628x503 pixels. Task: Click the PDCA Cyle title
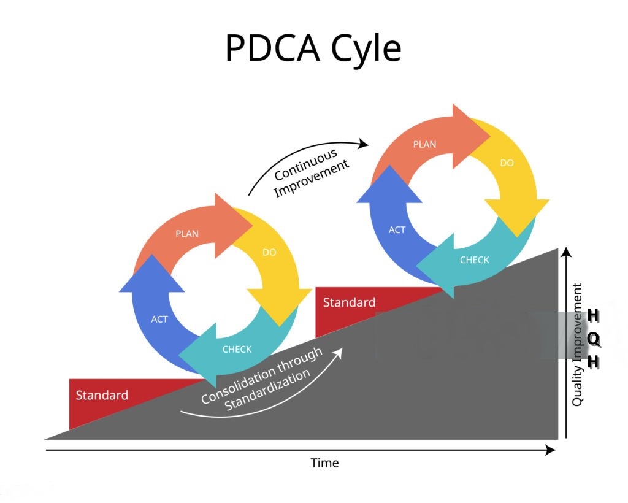[x=313, y=48]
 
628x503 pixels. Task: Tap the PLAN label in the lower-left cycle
[x=187, y=234]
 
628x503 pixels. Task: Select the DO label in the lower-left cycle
[x=269, y=252]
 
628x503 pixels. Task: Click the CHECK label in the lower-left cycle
[x=237, y=349]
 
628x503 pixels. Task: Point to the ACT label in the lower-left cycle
[x=159, y=319]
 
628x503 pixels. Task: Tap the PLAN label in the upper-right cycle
[x=424, y=145]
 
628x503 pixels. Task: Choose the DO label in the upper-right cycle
[x=507, y=163]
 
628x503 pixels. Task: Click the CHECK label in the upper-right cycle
[x=475, y=260]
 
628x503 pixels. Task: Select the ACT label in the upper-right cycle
[x=397, y=230]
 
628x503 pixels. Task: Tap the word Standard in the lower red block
[x=102, y=395]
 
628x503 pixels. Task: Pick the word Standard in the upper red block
[x=349, y=302]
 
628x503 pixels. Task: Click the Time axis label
[x=324, y=463]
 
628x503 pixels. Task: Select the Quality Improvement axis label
[x=577, y=344]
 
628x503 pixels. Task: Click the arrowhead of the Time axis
[x=551, y=450]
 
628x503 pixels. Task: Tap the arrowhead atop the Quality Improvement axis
[x=566, y=251]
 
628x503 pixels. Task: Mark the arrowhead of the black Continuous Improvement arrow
[x=364, y=144]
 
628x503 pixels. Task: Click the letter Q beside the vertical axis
[x=594, y=339]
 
